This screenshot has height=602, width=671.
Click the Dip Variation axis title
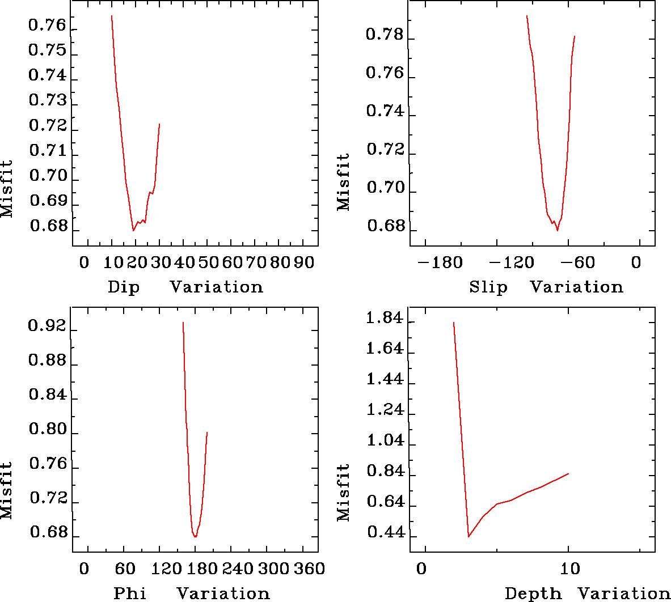[185, 287]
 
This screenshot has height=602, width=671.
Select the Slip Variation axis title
[546, 287]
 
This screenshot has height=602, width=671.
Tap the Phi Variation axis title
[192, 593]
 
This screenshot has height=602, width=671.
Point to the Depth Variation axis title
[588, 593]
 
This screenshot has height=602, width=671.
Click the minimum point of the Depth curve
[469, 536]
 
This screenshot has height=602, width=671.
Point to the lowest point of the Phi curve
[195, 537]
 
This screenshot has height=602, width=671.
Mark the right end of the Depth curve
[568, 473]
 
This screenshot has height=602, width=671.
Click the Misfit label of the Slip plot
[344, 183]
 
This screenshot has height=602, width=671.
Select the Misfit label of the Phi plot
[6, 490]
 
